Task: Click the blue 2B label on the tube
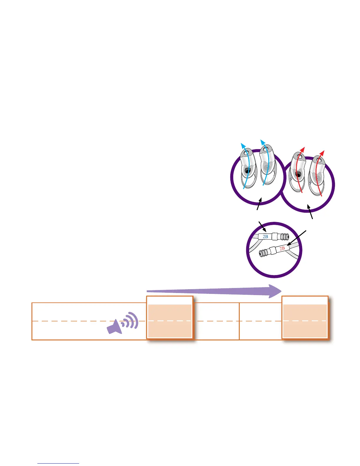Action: coord(265,236)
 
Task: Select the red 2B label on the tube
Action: coord(282,248)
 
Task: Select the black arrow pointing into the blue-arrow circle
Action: coord(259,204)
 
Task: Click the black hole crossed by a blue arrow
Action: coord(248,171)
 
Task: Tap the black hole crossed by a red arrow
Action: coord(298,175)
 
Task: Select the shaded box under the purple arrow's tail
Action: coord(170,321)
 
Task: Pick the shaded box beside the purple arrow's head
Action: coord(305,321)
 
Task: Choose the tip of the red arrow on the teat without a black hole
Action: coord(323,152)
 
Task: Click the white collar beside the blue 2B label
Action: coord(275,236)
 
